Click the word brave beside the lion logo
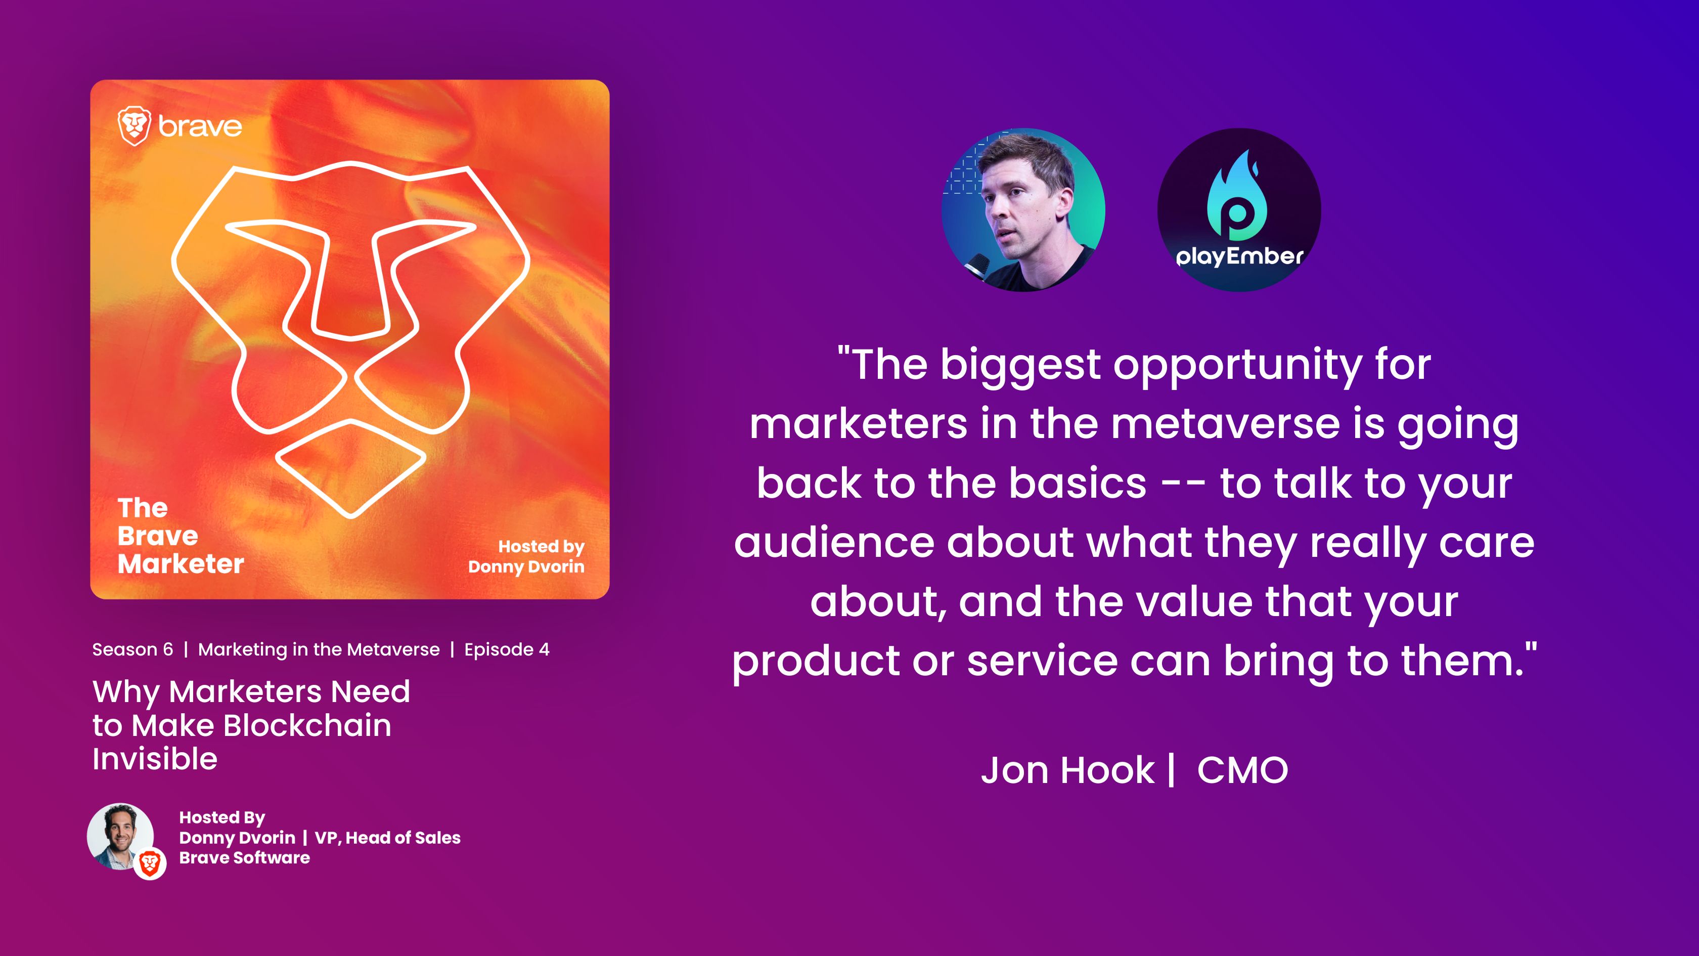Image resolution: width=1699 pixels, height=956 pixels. click(x=200, y=126)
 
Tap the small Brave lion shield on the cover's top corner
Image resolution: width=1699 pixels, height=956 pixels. click(x=134, y=126)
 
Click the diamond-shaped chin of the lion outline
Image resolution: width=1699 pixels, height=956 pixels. click(x=350, y=468)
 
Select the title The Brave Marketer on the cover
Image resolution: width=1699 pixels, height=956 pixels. click(x=181, y=536)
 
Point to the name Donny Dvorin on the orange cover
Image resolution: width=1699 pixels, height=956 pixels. click(x=526, y=567)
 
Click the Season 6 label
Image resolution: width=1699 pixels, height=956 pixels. click(x=132, y=650)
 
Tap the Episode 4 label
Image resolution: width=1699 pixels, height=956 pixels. click(x=507, y=650)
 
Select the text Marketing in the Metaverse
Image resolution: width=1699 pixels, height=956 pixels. click(x=319, y=650)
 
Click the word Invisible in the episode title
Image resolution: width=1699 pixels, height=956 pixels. click(x=155, y=759)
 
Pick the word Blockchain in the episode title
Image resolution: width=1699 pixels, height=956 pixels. click(x=307, y=726)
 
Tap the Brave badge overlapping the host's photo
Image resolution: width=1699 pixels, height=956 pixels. click(x=150, y=863)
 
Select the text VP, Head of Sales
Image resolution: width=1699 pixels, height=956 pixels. click(x=388, y=838)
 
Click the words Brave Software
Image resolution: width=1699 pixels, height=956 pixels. click(x=245, y=858)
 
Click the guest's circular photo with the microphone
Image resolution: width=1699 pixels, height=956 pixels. click(x=1023, y=210)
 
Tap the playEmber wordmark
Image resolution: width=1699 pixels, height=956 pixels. click(x=1240, y=256)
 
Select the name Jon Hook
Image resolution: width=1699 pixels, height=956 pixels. click(x=1068, y=770)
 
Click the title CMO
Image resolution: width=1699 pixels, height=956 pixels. click(x=1242, y=770)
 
